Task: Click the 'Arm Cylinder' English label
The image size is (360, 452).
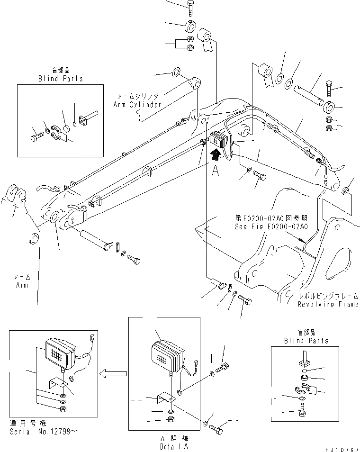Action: point(137,104)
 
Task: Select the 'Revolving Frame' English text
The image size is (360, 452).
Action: point(328,305)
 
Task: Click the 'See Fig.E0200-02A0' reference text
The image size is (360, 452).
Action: point(271,226)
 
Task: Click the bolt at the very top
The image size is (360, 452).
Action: point(189,7)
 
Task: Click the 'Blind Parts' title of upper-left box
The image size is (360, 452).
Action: point(60,79)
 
